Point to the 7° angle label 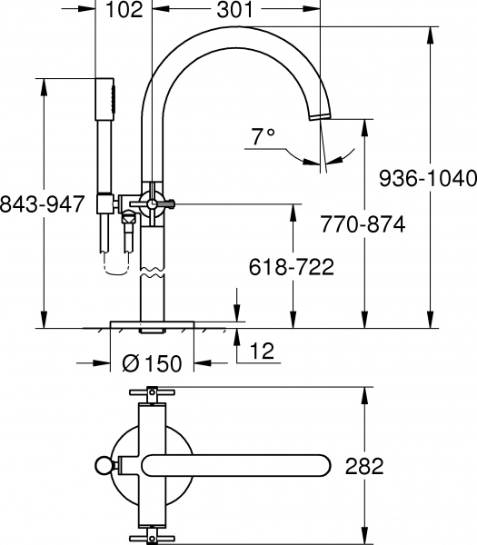tap(263, 138)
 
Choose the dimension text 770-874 tap(363, 223)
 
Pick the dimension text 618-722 tap(292, 267)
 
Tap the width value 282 tap(364, 467)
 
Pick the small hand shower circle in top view tap(102, 467)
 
